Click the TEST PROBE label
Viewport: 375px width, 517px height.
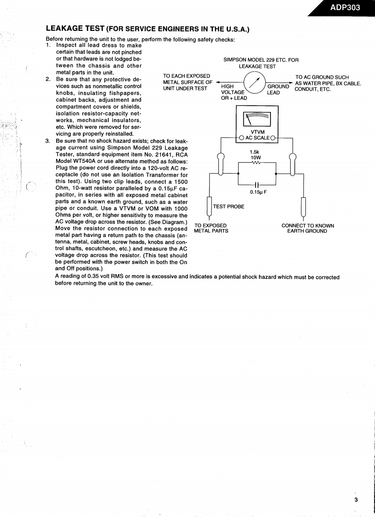[x=229, y=206]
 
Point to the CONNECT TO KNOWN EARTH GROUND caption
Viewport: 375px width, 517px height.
[x=307, y=228]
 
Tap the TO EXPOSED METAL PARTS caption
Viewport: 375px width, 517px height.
[x=211, y=228]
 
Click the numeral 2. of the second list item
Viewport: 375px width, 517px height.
[x=48, y=79]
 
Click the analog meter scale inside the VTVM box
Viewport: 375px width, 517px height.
[x=257, y=119]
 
